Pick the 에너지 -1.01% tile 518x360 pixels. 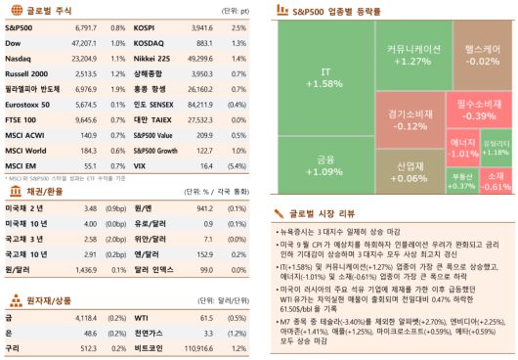pyautogui.click(x=460, y=148)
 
